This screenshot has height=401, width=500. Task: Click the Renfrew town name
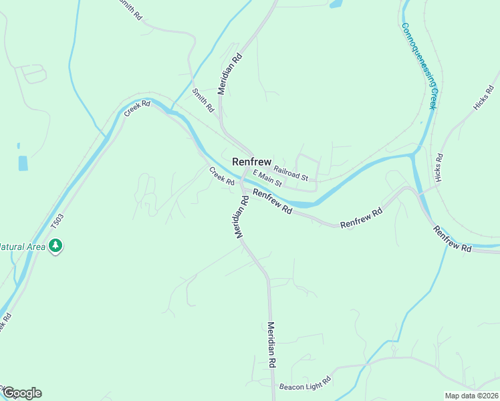click(x=251, y=162)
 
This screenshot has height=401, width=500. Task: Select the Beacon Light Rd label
click(x=305, y=383)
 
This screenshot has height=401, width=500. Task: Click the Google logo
click(x=21, y=393)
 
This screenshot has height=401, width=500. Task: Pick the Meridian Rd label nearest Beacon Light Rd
click(x=272, y=345)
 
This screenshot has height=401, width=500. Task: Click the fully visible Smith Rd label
click(x=203, y=100)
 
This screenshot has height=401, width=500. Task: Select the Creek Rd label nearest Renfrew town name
click(x=222, y=176)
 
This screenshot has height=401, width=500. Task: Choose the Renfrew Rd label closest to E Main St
click(x=273, y=201)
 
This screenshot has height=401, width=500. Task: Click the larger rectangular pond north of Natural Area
click(x=23, y=162)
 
